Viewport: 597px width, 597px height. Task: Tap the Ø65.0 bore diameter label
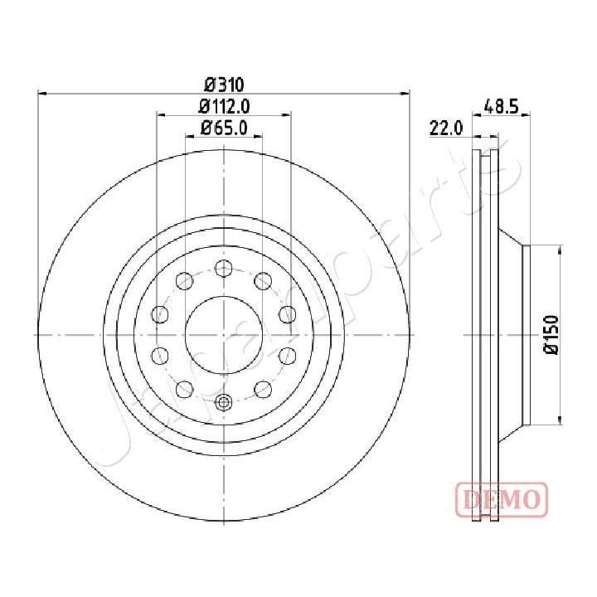click(x=223, y=127)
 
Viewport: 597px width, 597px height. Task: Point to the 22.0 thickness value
click(x=445, y=128)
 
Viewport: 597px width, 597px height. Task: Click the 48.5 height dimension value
click(x=501, y=105)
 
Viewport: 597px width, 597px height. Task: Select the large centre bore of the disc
click(x=224, y=335)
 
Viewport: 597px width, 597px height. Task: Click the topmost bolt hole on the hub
click(x=223, y=268)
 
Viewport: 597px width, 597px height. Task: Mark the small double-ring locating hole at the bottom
click(x=223, y=403)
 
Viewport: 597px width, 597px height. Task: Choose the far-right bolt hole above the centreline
click(x=287, y=313)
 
